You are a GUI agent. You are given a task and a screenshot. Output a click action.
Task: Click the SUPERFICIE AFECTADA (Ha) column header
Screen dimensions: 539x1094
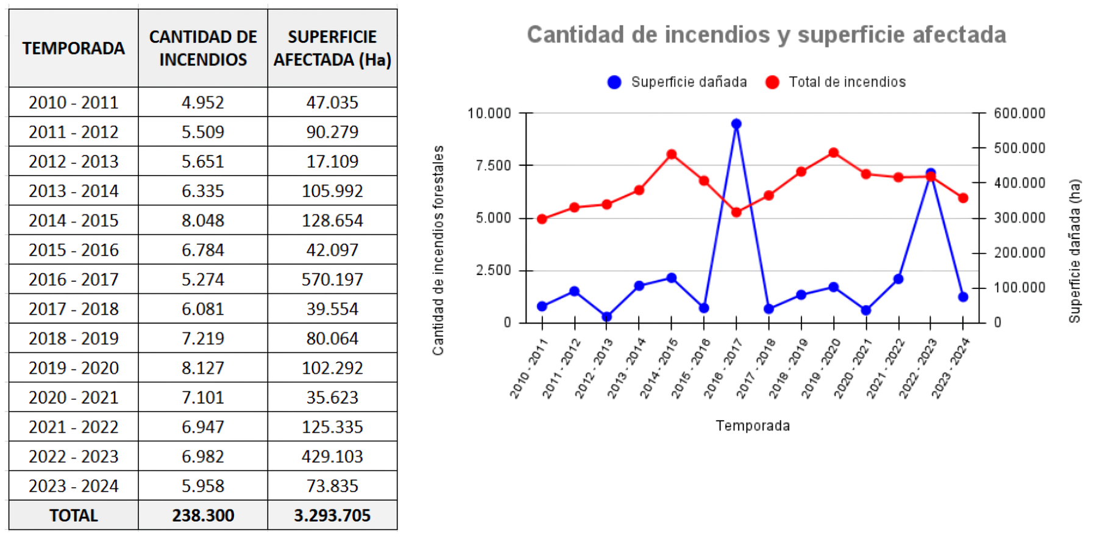click(332, 48)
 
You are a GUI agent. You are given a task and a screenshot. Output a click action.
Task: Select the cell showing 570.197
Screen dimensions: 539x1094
click(332, 279)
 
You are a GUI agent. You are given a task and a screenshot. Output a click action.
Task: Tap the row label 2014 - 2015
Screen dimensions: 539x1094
click(74, 220)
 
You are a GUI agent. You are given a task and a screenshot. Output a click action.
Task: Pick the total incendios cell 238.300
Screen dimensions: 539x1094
click(203, 515)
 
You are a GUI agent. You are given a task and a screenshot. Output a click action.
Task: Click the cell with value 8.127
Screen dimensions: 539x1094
click(203, 368)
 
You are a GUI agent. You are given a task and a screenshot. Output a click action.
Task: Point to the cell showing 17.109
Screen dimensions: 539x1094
click(332, 162)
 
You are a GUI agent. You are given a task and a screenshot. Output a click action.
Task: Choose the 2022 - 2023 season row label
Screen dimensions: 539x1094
click(74, 456)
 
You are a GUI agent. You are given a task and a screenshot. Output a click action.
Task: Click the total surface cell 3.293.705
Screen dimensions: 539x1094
click(332, 515)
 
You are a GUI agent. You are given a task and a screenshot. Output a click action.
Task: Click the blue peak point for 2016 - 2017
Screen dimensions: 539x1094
click(736, 124)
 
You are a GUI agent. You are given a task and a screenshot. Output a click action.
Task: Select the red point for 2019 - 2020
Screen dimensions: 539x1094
click(834, 153)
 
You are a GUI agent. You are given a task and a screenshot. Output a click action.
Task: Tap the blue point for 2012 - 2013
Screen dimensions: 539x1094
click(606, 316)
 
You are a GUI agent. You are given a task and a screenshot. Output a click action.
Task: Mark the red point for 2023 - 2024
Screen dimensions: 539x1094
click(963, 198)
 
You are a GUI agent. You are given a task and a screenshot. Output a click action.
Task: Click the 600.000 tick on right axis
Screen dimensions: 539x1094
click(1019, 113)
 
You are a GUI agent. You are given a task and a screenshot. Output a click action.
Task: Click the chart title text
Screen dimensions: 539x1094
click(766, 35)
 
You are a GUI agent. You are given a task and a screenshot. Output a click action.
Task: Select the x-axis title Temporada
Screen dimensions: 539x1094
click(753, 426)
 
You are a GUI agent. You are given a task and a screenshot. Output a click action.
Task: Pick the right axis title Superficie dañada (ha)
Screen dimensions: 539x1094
click(1074, 251)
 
